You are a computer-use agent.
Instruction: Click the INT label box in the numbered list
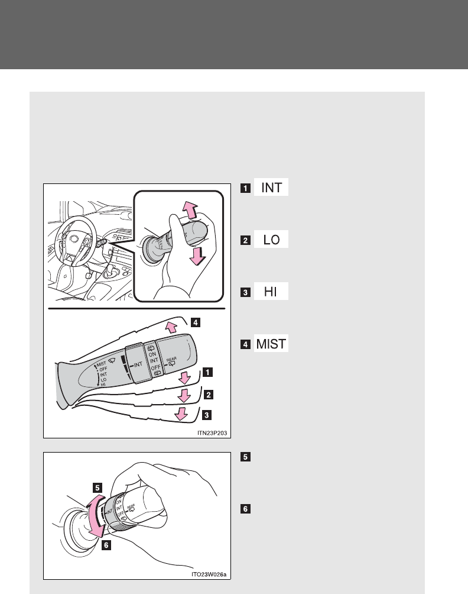pyautogui.click(x=271, y=189)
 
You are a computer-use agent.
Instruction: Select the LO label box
pyautogui.click(x=271, y=240)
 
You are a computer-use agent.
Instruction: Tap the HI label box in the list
pyautogui.click(x=271, y=292)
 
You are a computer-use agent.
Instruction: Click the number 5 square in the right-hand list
pyautogui.click(x=245, y=457)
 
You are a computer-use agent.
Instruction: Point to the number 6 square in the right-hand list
pyautogui.click(x=245, y=508)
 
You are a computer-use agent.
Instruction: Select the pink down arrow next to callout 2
pyautogui.click(x=185, y=395)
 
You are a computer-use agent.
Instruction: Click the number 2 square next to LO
pyautogui.click(x=245, y=240)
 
